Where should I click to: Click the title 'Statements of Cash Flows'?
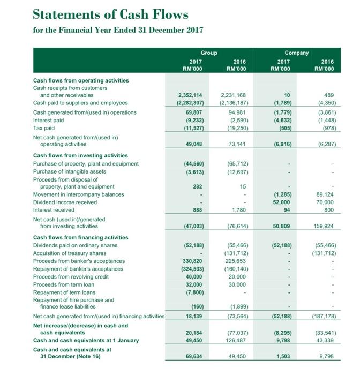coord(111,14)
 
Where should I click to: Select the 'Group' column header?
coord(209,53)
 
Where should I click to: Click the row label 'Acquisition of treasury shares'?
coord(70,253)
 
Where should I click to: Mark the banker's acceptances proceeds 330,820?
coord(190,261)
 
